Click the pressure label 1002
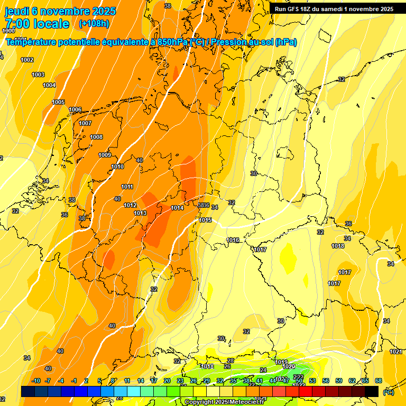(27, 60)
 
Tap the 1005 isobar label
(58, 102)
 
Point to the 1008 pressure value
(96, 137)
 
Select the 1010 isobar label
(117, 167)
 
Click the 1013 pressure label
(140, 213)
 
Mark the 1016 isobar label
(233, 240)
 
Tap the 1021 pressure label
(395, 352)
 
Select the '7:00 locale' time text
(37, 24)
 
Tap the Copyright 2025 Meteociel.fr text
(224, 402)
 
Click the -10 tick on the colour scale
(36, 381)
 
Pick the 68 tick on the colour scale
(379, 381)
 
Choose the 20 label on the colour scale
(167, 381)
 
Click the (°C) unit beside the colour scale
(389, 392)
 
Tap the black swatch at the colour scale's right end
(372, 391)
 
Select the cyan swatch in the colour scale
(134, 391)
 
